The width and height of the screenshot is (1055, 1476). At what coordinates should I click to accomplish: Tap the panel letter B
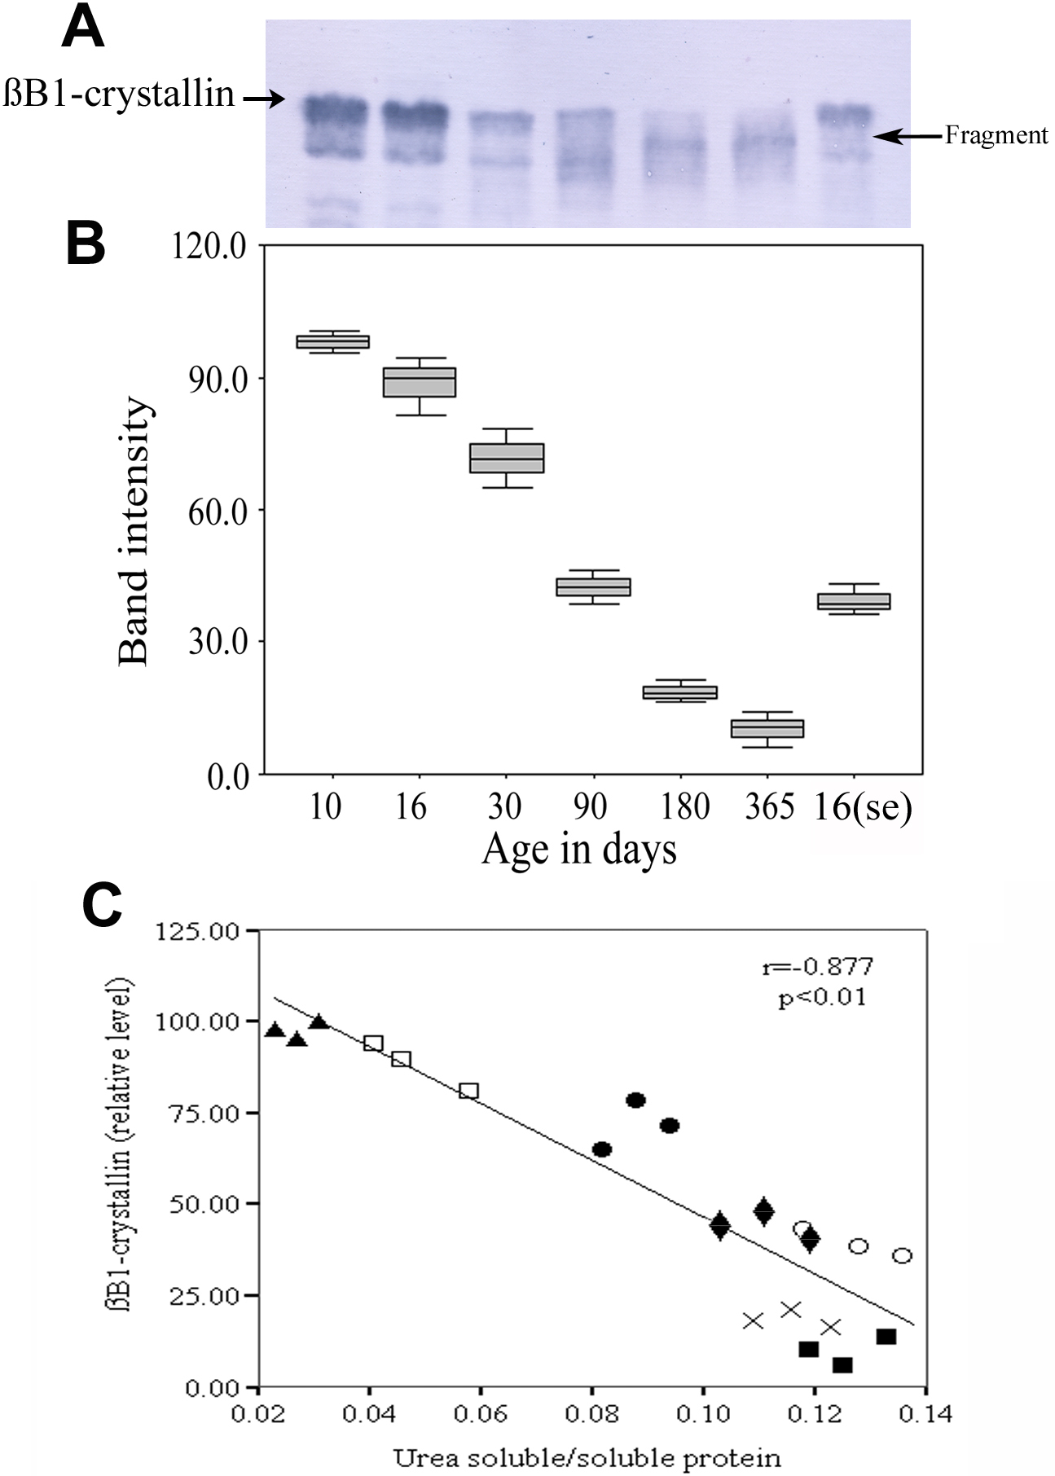tap(86, 244)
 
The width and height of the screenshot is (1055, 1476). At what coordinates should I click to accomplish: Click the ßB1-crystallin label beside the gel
tap(119, 95)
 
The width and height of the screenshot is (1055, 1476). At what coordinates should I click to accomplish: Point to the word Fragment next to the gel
tap(996, 135)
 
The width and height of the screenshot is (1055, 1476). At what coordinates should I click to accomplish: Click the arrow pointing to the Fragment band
tap(908, 137)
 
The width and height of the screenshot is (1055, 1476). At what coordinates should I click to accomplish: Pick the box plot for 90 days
tap(593, 586)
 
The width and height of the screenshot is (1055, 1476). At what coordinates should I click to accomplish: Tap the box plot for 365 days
tap(767, 727)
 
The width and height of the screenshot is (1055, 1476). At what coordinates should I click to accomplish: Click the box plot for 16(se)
tap(854, 601)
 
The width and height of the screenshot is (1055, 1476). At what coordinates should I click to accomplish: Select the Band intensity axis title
tap(134, 531)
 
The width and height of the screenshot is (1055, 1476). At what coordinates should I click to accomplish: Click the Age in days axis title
tap(579, 850)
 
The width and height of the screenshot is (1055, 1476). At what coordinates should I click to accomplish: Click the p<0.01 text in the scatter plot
tap(821, 997)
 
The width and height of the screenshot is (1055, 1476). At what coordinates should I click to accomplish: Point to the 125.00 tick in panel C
tap(200, 930)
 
